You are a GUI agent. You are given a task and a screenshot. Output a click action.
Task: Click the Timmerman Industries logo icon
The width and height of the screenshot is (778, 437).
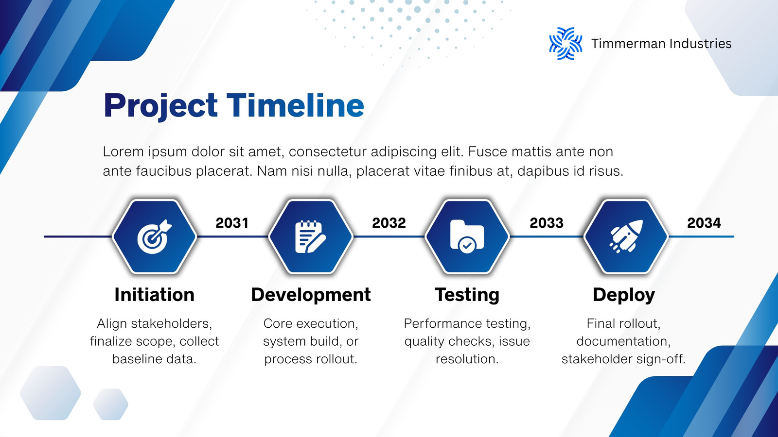(x=566, y=44)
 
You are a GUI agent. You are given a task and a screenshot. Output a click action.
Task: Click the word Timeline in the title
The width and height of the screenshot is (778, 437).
(x=295, y=105)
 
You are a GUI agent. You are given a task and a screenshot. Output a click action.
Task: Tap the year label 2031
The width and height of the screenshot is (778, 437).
(x=232, y=223)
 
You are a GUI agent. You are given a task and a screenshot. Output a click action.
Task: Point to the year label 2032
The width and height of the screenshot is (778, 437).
(x=389, y=223)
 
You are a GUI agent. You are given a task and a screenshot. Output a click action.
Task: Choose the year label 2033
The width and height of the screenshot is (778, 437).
(x=547, y=223)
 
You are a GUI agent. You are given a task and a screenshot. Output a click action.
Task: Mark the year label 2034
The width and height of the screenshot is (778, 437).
(x=704, y=223)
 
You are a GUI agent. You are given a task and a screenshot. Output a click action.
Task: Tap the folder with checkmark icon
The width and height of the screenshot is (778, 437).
(x=467, y=236)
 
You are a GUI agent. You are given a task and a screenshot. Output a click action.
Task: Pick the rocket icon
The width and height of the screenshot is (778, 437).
(x=626, y=236)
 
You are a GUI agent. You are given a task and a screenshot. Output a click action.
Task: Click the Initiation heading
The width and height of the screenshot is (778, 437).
(x=155, y=295)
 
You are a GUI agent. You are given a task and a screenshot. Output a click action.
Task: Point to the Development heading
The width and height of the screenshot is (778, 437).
(x=311, y=295)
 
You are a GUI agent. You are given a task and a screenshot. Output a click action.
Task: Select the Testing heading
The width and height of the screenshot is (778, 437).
(x=467, y=295)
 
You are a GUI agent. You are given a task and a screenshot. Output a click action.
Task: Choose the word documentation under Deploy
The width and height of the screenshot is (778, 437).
(x=624, y=341)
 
